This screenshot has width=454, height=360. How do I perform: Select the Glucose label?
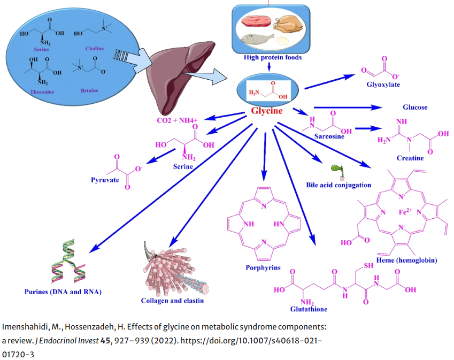(415, 108)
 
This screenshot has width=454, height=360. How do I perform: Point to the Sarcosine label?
(329, 136)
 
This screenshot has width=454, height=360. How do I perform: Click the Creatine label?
(410, 158)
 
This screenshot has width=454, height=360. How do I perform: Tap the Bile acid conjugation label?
(338, 185)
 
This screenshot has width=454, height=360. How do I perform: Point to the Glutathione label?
(309, 309)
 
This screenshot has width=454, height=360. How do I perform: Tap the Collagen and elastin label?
(172, 301)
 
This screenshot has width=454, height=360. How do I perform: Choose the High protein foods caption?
(273, 57)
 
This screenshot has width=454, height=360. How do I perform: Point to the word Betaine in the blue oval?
(89, 90)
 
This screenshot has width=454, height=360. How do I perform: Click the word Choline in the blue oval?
(94, 48)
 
